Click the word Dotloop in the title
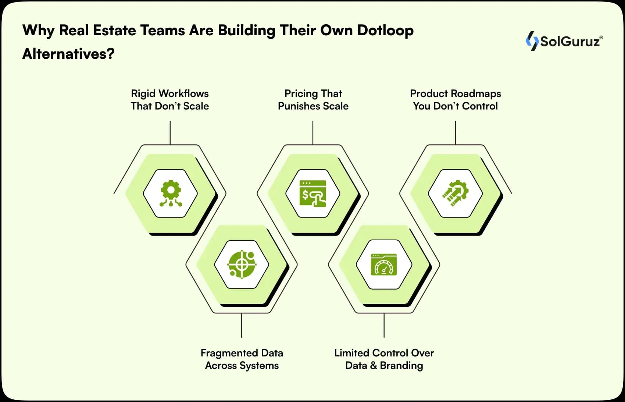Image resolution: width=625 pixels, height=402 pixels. [385, 30]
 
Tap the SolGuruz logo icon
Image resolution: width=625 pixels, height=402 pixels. [532, 41]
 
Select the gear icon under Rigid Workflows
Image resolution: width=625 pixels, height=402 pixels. [171, 193]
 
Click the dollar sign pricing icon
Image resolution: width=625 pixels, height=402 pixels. [313, 193]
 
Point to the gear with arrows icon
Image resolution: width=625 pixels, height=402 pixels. [456, 193]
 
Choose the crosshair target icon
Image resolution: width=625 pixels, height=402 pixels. [242, 264]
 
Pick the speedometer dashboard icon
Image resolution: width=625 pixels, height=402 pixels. [384, 264]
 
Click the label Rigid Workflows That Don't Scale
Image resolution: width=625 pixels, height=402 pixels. [170, 100]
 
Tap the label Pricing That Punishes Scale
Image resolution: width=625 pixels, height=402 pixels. [313, 100]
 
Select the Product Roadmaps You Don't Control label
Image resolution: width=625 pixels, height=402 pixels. [455, 100]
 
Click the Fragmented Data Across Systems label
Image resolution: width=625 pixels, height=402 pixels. [242, 359]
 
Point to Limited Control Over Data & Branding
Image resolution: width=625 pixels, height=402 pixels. [384, 359]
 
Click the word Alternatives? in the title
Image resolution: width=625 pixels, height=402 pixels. [68, 54]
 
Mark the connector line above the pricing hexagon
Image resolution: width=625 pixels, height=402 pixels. [313, 133]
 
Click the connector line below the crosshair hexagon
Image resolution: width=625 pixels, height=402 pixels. [242, 325]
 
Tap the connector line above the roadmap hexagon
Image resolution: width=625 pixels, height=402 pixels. [456, 133]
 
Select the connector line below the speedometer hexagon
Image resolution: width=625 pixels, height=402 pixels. [384, 325]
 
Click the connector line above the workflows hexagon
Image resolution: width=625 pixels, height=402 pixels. [170, 133]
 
